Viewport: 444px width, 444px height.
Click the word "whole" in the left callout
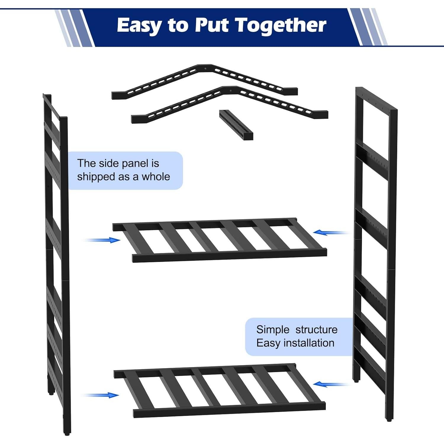[156, 177]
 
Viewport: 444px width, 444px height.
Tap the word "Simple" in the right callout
[273, 330]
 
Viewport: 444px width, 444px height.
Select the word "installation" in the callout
[309, 343]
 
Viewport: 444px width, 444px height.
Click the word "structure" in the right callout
[316, 330]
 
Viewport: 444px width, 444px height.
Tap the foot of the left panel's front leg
[67, 433]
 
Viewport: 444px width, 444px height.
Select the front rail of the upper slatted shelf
[230, 255]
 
